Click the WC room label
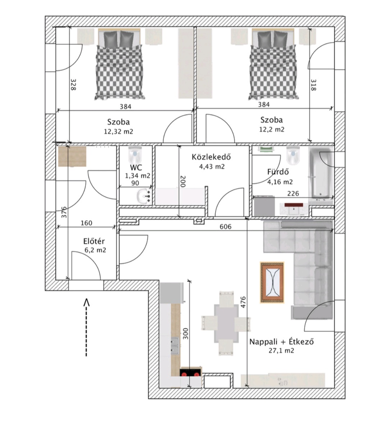click(136, 167)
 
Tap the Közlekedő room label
click(211, 157)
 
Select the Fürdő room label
click(278, 172)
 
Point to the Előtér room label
click(94, 241)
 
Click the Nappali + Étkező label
click(281, 342)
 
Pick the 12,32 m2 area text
click(119, 131)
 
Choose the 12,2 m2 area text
click(272, 129)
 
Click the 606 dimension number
click(226, 227)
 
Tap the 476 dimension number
click(243, 302)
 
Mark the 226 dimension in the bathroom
click(293, 193)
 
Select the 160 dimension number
click(87, 223)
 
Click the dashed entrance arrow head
click(87, 303)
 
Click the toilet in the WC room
click(135, 155)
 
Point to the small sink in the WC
click(144, 196)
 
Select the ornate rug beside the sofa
click(272, 282)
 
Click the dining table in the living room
click(226, 323)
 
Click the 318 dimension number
click(313, 85)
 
